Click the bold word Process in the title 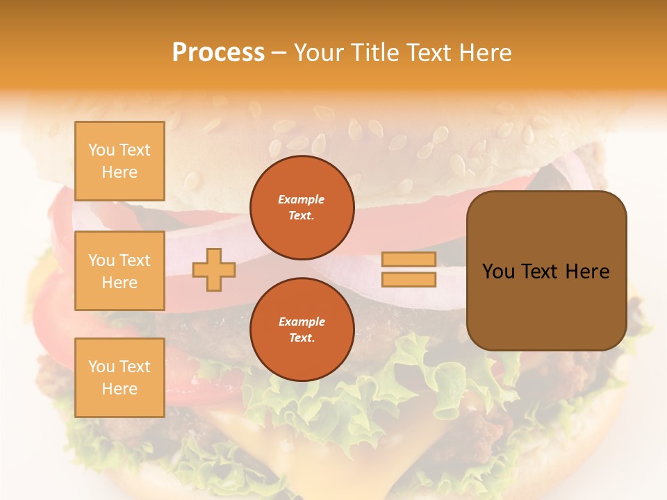click(218, 53)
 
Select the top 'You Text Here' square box click(120, 161)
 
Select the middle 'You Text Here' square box click(120, 271)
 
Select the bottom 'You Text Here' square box click(120, 378)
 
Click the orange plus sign click(214, 270)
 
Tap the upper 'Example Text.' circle click(302, 208)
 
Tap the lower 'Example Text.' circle click(302, 330)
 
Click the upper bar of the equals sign click(409, 260)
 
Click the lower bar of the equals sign click(409, 280)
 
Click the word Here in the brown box click(587, 272)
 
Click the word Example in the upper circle click(302, 199)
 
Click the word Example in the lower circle click(302, 322)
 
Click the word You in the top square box click(101, 150)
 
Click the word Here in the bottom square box click(120, 389)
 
